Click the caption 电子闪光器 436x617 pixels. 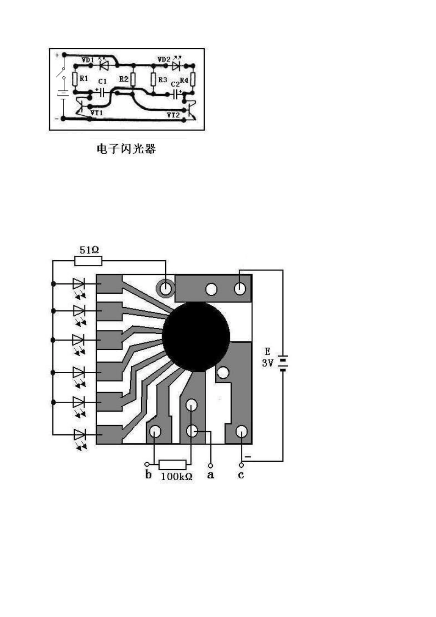pyautogui.click(x=126, y=149)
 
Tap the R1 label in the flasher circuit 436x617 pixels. pyautogui.click(x=84, y=79)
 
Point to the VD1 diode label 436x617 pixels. pyautogui.click(x=88, y=60)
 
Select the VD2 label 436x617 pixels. pyautogui.click(x=164, y=60)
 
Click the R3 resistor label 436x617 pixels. pyautogui.click(x=162, y=80)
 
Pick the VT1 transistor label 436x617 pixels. pyautogui.click(x=97, y=112)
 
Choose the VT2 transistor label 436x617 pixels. pyautogui.click(x=173, y=115)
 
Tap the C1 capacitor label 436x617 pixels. pyautogui.click(x=102, y=81)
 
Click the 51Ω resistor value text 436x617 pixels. pyautogui.click(x=89, y=250)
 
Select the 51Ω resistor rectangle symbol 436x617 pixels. pyautogui.click(x=88, y=261)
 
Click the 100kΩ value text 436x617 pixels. pyautogui.click(x=176, y=477)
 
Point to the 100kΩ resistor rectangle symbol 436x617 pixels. pyautogui.click(x=172, y=464)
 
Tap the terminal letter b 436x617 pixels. pyautogui.click(x=148, y=475)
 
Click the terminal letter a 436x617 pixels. pyautogui.click(x=210, y=475)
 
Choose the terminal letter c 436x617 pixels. pyautogui.click(x=241, y=475)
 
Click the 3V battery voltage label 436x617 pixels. pyautogui.click(x=268, y=363)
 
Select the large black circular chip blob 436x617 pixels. pyautogui.click(x=196, y=337)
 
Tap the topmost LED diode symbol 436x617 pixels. pyautogui.click(x=79, y=284)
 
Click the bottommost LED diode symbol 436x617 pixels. pyautogui.click(x=79, y=434)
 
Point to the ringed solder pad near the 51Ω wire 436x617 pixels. pyautogui.click(x=165, y=288)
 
